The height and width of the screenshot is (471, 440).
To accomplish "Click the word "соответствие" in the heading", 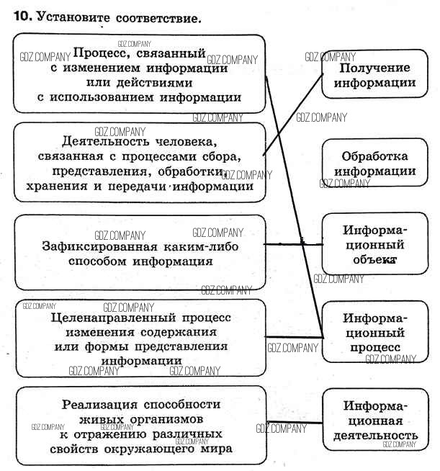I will tap(156, 17).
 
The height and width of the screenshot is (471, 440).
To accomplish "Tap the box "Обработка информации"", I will tap(374, 163).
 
